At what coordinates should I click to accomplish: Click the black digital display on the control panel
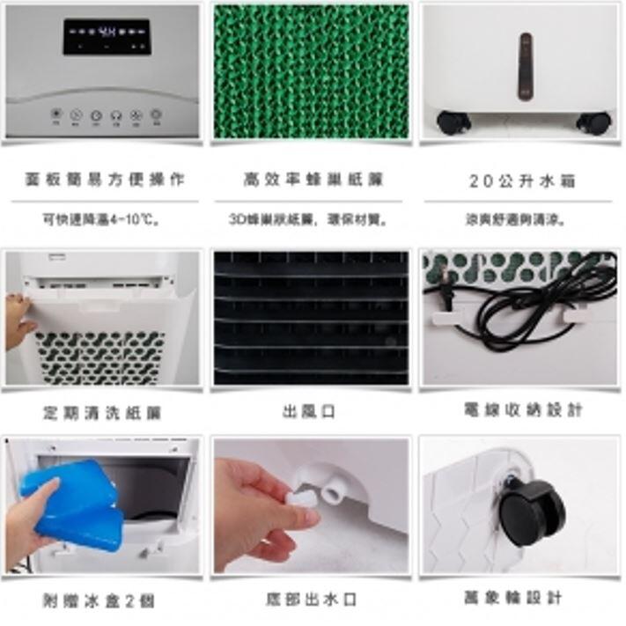105,36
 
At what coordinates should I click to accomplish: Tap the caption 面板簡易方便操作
104,180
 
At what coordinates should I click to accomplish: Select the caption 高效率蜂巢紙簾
313,180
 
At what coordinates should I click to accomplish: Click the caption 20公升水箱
521,181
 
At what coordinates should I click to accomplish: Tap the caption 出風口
309,411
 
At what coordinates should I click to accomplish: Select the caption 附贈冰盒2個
99,600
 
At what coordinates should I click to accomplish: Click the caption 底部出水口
311,600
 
